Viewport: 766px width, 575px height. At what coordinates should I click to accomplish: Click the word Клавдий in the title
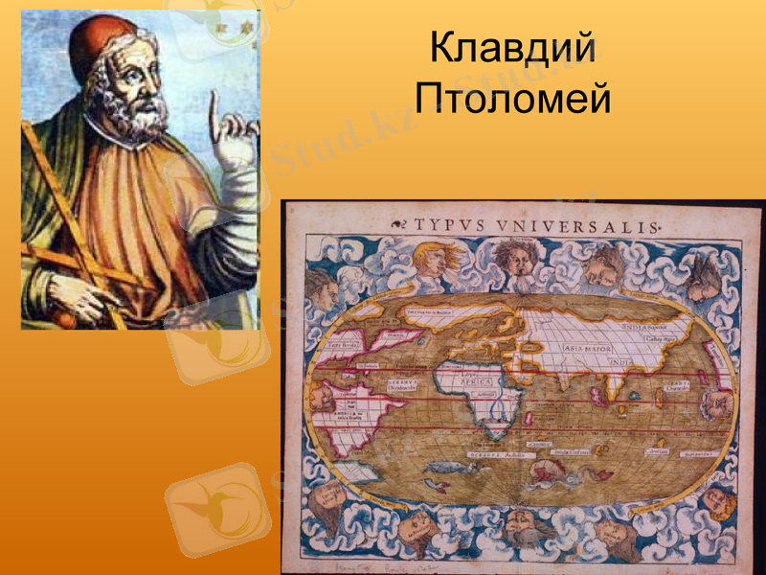pyautogui.click(x=512, y=49)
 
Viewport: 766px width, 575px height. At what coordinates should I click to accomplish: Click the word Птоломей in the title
pyautogui.click(x=512, y=97)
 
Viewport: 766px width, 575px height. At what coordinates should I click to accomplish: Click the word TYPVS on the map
pyautogui.click(x=451, y=226)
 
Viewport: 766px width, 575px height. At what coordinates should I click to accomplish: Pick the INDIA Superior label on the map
pyautogui.click(x=648, y=326)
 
